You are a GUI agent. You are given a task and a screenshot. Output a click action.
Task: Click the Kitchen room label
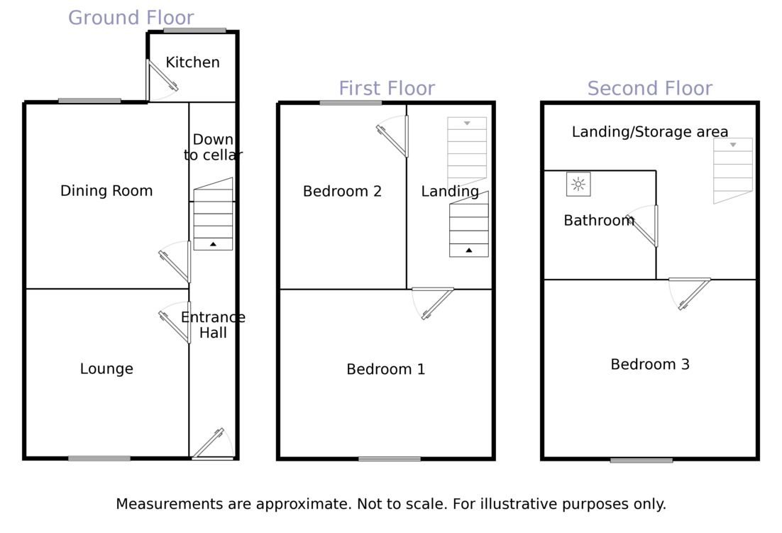(x=192, y=62)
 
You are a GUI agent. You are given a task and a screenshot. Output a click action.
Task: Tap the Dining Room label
(x=106, y=191)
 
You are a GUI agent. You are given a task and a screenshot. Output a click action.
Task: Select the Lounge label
(x=106, y=369)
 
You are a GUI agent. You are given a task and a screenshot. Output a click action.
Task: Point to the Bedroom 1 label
(x=385, y=370)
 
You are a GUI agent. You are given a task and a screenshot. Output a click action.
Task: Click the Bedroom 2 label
(x=342, y=192)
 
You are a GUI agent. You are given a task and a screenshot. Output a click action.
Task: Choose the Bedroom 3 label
(x=650, y=365)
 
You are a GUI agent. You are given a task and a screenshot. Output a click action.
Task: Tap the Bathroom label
(x=599, y=221)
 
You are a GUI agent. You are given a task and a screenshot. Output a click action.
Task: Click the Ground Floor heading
(x=131, y=18)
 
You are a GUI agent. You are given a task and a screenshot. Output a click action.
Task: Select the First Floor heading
(x=387, y=89)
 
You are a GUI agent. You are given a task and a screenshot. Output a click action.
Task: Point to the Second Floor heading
(x=650, y=89)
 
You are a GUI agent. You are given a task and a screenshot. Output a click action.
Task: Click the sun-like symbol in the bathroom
(x=578, y=185)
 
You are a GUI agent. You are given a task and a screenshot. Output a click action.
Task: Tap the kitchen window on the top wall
(x=194, y=31)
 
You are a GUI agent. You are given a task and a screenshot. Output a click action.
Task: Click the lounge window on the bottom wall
(x=99, y=458)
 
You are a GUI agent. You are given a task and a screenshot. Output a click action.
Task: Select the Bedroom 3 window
(x=641, y=460)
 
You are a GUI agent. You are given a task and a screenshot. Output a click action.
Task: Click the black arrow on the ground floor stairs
(x=213, y=244)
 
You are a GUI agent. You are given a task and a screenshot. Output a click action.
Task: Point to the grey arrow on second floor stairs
(x=733, y=145)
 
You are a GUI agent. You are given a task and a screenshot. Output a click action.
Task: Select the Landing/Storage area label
(x=650, y=132)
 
